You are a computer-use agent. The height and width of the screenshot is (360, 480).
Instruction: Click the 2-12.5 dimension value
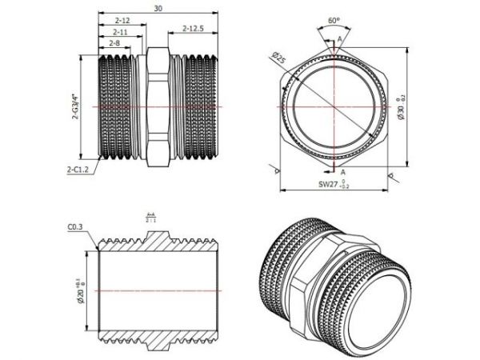pos(194,28)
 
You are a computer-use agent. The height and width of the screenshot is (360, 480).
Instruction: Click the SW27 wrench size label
pos(329,184)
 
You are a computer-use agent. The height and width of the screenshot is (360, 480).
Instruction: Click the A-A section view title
pos(150,217)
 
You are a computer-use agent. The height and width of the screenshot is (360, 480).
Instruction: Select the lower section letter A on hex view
pos(342,171)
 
